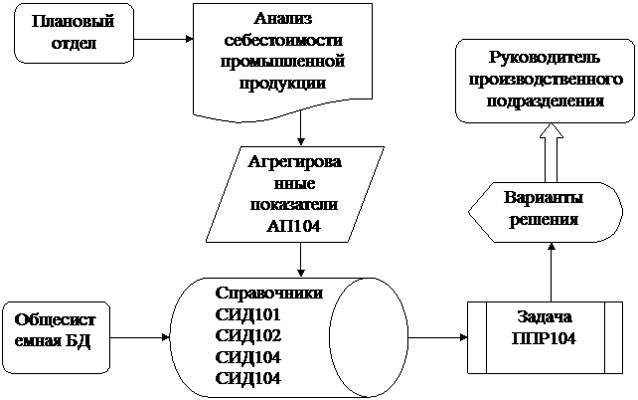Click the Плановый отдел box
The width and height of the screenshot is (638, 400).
point(74,34)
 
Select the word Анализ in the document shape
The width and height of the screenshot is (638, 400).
point(283,18)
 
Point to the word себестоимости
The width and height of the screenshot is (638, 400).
point(283,40)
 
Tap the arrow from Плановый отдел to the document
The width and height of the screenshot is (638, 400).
point(164,39)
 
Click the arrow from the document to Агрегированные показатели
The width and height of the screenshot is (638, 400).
point(301,128)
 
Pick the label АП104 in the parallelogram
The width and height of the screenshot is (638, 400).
point(293,227)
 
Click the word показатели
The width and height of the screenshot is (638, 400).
point(293,205)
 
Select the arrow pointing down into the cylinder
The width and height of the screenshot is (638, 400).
point(301,260)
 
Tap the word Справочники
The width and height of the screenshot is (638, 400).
point(269,293)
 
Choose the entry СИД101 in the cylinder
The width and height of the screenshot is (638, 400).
point(247,314)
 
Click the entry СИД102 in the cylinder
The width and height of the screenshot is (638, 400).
point(247,335)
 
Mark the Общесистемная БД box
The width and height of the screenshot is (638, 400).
point(57,337)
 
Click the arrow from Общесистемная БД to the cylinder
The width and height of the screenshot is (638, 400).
point(140,337)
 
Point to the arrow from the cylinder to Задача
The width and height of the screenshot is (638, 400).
point(437,337)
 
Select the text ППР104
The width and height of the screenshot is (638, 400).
point(544,339)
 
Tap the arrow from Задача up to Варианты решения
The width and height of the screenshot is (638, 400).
point(551,272)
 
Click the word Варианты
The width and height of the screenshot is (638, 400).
point(544,198)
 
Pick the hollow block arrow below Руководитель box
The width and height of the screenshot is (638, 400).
point(551,152)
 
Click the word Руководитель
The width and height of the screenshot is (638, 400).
point(545,58)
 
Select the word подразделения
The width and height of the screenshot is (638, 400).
point(546,101)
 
